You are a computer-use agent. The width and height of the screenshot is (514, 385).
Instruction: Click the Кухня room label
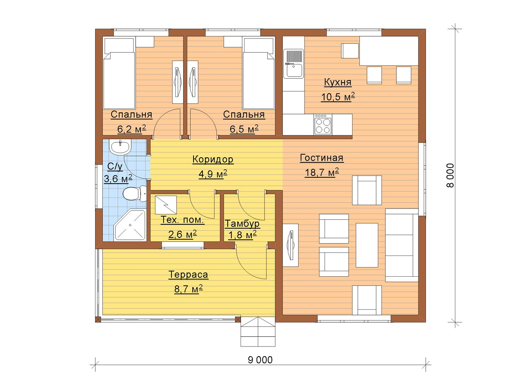(338, 82)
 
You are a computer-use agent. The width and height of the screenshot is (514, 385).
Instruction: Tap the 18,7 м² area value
(322, 172)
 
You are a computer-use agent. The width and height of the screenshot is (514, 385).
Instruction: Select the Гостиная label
(322, 158)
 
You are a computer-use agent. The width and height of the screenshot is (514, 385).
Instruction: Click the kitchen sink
(293, 64)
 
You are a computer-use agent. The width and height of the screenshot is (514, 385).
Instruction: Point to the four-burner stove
(323, 124)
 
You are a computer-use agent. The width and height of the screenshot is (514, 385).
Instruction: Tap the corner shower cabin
(130, 225)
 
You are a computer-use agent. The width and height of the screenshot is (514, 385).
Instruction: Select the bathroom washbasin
(120, 147)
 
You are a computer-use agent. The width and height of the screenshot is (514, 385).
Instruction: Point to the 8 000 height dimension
(450, 175)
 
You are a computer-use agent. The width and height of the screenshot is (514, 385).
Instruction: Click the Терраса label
(188, 275)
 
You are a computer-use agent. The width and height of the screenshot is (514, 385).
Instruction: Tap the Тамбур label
(242, 224)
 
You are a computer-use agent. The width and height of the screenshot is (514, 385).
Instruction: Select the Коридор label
(213, 159)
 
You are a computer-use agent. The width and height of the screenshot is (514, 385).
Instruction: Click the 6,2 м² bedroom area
(132, 129)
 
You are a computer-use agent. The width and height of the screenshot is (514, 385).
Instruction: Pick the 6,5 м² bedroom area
(244, 129)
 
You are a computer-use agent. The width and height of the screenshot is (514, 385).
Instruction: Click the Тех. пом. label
(182, 220)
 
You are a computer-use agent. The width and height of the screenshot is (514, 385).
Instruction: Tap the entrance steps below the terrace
(258, 332)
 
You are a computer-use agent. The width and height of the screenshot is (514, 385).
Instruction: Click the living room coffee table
(367, 245)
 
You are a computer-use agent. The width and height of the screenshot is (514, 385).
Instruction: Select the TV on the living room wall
(291, 245)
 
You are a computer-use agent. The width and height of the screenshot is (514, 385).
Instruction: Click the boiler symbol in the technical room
(166, 205)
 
